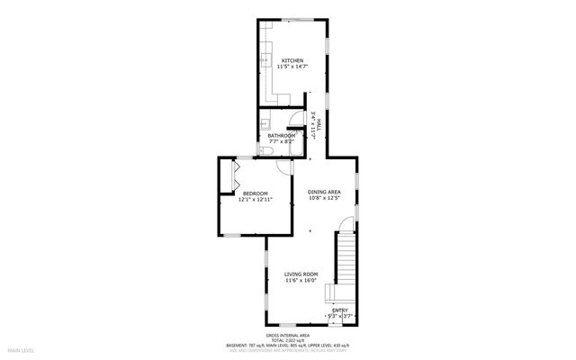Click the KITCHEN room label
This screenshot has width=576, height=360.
[x=292, y=60]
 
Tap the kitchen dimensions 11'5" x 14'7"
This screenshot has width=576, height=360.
[x=292, y=67]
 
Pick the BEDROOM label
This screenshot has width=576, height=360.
[x=256, y=193]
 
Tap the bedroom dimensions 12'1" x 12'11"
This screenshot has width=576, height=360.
[x=256, y=200]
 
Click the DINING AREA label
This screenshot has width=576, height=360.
[x=324, y=192]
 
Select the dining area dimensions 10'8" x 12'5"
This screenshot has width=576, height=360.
[x=324, y=198]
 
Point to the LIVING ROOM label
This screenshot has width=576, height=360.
[x=301, y=274]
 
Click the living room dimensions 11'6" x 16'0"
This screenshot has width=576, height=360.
[x=301, y=280]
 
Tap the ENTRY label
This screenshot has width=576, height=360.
[x=339, y=310]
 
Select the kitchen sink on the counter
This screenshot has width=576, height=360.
[x=267, y=62]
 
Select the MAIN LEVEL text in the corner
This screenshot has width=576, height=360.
[x=21, y=350]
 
